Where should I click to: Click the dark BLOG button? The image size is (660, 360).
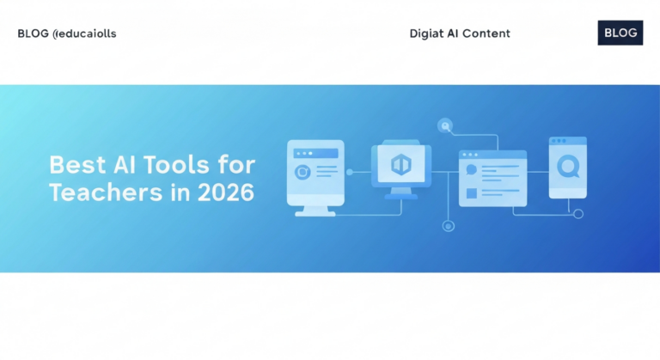[x=620, y=33]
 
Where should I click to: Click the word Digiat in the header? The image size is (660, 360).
[x=427, y=34]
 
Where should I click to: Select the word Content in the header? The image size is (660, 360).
[x=487, y=34]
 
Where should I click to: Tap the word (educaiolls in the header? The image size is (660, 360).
[x=84, y=34]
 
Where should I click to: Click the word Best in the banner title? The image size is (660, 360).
[x=71, y=164]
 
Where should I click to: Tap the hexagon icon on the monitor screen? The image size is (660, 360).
[x=400, y=163]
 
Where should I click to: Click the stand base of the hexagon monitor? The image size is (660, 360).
[x=400, y=196]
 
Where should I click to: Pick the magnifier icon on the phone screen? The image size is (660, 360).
[x=567, y=166]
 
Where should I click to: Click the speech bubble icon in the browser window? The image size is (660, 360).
[x=470, y=170]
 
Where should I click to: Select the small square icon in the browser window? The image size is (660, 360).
[x=471, y=194]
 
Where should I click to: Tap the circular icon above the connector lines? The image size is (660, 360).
[x=444, y=125]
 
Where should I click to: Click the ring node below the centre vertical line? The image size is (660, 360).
[x=447, y=226]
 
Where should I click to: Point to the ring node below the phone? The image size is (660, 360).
[x=577, y=214]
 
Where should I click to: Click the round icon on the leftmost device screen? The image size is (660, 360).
[x=302, y=172]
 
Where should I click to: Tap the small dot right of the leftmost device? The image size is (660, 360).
[x=349, y=172]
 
